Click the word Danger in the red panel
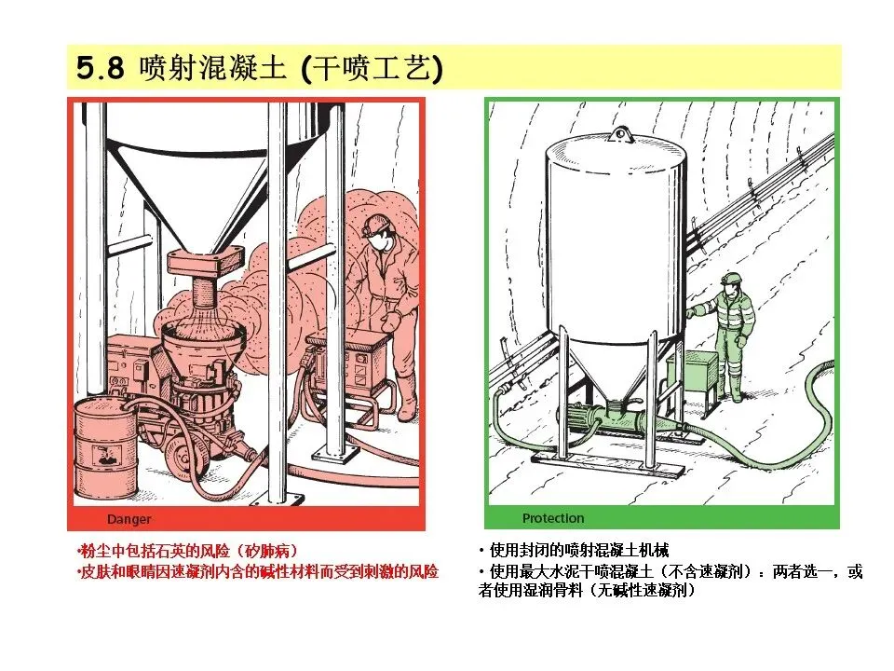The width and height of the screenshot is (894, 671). tap(129, 519)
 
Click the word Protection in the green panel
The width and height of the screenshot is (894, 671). tap(553, 518)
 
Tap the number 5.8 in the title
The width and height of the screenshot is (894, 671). tap(101, 68)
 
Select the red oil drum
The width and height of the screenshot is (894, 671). tap(106, 447)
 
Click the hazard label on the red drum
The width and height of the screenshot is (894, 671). tap(106, 457)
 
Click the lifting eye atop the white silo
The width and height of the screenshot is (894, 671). tap(619, 135)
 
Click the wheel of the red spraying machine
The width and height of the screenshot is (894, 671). tap(182, 457)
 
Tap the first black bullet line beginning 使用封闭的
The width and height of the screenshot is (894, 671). tap(574, 550)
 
